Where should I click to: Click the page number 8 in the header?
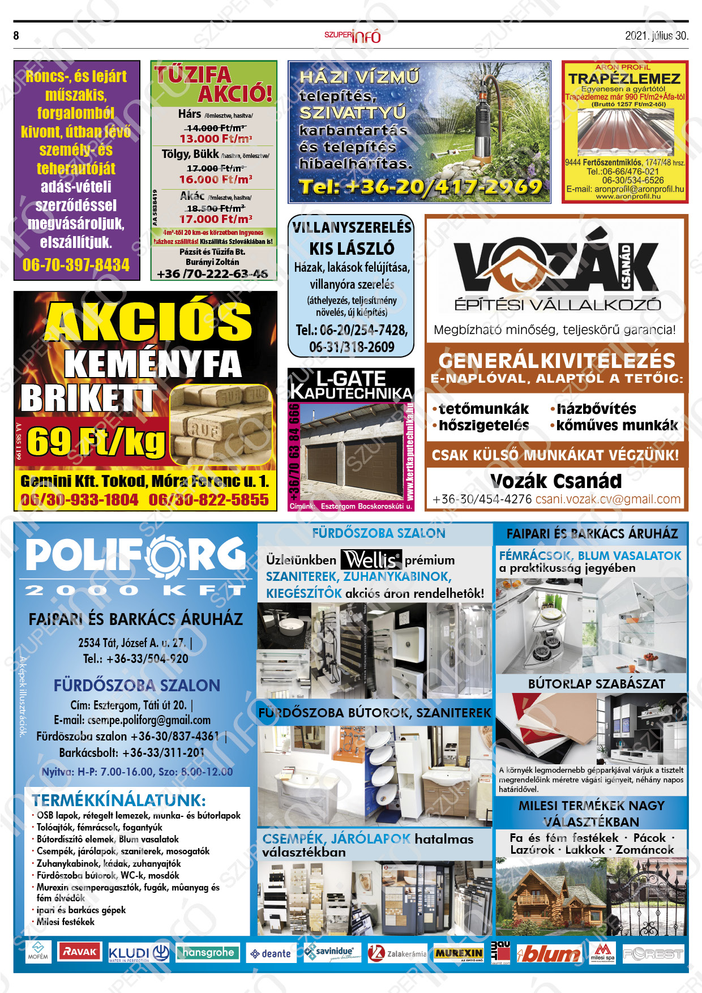click(16, 36)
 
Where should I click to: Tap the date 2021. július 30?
click(656, 36)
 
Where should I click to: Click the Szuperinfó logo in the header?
click(352, 36)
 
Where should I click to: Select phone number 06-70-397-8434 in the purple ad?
click(76, 265)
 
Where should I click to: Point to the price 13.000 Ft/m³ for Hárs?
click(216, 139)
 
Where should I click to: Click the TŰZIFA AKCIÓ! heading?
click(214, 84)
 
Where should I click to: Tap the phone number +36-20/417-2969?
click(420, 187)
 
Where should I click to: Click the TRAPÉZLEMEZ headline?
click(624, 79)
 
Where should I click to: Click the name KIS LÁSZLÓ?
click(352, 248)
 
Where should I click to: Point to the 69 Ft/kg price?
click(96, 442)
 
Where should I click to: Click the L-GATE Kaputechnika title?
click(351, 385)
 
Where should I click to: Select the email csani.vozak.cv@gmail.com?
click(607, 499)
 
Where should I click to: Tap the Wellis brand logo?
click(371, 560)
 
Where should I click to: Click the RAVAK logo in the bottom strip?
click(80, 952)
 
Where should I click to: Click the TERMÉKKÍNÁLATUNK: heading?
click(119, 800)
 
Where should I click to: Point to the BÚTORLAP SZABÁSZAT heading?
click(596, 684)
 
